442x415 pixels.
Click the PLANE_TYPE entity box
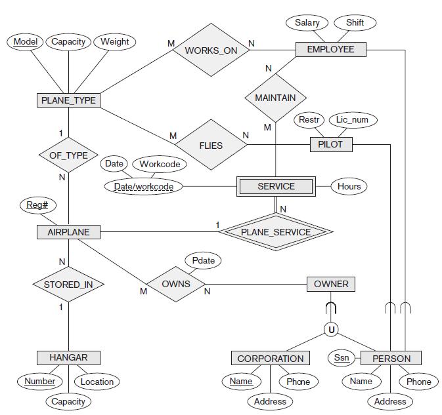point(68,100)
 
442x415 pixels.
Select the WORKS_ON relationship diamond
point(211,50)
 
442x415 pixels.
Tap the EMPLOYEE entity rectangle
point(330,49)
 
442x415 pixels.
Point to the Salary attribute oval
point(307,22)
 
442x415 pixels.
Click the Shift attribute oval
point(355,22)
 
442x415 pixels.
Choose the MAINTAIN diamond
point(275,98)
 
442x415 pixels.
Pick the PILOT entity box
point(330,144)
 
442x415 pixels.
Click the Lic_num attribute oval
point(353,120)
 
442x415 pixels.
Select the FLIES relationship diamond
point(211,146)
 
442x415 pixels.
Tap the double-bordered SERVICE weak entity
point(276,186)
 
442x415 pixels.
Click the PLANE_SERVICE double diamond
point(275,231)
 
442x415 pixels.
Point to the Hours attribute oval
point(349,186)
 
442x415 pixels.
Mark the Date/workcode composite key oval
point(143,187)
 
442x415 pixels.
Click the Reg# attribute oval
point(37,205)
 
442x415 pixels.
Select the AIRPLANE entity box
point(68,231)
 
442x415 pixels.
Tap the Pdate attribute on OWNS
point(203,260)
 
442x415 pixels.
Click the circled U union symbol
point(332,330)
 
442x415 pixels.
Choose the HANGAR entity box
point(68,357)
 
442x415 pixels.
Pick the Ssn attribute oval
point(342,357)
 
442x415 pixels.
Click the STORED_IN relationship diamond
point(68,285)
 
